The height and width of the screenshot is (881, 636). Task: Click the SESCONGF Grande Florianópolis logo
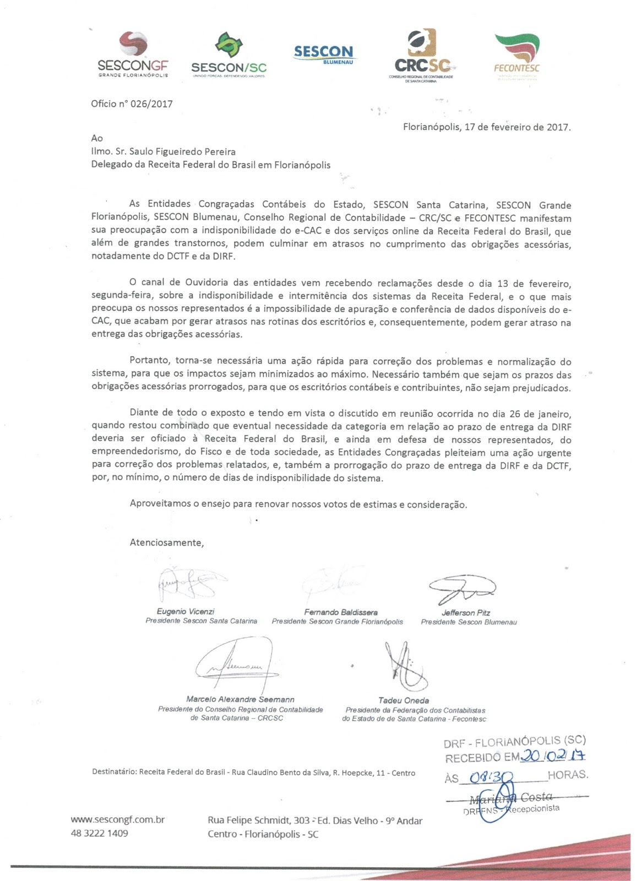pyautogui.click(x=133, y=54)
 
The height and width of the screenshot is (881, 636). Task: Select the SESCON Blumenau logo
pyautogui.click(x=323, y=54)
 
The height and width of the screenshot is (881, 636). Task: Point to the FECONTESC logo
pyautogui.click(x=517, y=54)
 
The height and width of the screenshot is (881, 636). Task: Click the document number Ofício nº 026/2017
pyautogui.click(x=132, y=104)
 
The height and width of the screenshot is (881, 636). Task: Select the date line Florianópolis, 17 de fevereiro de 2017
pyautogui.click(x=487, y=127)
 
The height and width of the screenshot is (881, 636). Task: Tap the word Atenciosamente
pyautogui.click(x=166, y=542)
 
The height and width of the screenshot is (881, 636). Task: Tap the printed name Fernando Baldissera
pyautogui.click(x=341, y=612)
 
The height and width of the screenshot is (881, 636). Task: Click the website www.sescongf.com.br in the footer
pyautogui.click(x=118, y=819)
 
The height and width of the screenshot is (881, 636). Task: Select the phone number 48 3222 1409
pyautogui.click(x=100, y=833)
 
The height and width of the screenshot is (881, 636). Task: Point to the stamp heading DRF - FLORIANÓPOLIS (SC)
pyautogui.click(x=515, y=742)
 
